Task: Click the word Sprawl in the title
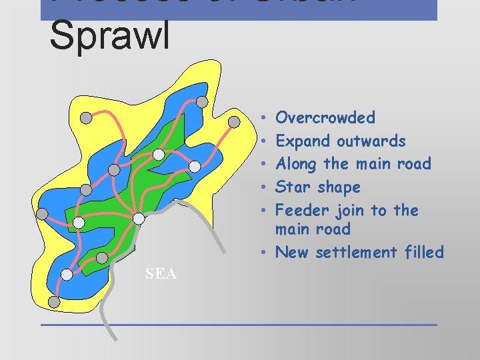click(109, 37)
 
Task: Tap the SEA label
click(161, 273)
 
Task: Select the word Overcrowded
click(325, 118)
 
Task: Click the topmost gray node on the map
click(201, 102)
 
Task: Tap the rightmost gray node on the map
click(235, 122)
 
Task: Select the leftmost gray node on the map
click(42, 214)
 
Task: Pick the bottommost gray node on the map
click(54, 302)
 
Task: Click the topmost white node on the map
click(159, 155)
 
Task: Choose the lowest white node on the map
click(67, 275)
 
